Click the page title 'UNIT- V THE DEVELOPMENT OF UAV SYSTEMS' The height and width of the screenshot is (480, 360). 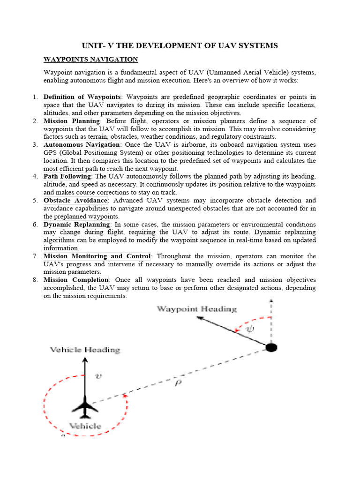[180, 45]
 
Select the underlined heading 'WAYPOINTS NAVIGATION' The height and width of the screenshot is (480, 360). [90, 59]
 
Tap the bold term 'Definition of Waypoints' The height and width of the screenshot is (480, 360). [82, 97]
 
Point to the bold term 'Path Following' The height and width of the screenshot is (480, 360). [67, 176]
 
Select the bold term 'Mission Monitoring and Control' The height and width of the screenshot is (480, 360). [97, 256]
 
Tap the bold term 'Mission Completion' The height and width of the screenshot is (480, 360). [75, 280]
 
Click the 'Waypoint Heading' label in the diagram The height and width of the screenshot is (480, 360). [196, 309]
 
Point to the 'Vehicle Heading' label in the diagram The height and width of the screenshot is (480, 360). [85, 350]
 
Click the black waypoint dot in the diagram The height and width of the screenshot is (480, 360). [271, 347]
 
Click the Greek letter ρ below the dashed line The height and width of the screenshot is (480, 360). [178, 382]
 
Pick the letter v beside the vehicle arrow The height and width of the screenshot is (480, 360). [97, 375]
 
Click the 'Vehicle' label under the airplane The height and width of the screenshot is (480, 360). [85, 426]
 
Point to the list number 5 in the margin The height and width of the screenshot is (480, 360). [35, 201]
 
